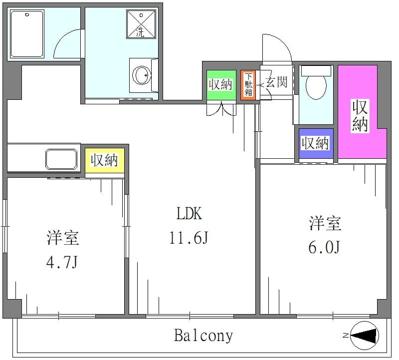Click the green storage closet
(x=221, y=85)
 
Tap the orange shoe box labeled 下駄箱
(x=248, y=85)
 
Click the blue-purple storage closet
(x=316, y=143)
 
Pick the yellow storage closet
(x=105, y=160)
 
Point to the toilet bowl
(x=316, y=86)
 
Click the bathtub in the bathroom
(x=27, y=33)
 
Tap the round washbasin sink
(x=141, y=75)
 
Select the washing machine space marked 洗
(x=141, y=24)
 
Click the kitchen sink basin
(x=61, y=159)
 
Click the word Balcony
(x=203, y=336)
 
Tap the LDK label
(x=189, y=214)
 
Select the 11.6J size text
(x=189, y=238)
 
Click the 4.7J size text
(x=62, y=262)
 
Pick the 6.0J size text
(x=324, y=247)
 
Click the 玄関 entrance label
(x=277, y=82)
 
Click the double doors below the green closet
(x=221, y=108)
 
